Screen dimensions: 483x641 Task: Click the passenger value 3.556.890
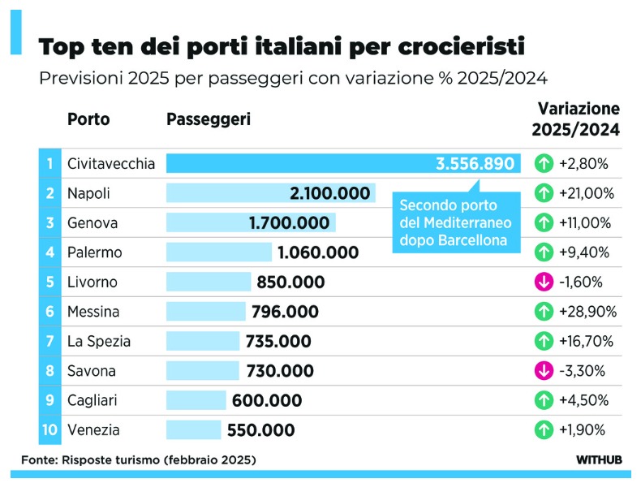(475, 164)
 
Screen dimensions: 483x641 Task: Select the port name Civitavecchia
(111, 164)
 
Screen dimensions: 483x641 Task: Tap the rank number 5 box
(50, 282)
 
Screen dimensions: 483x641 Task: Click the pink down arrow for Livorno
(544, 282)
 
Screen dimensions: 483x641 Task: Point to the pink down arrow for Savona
(544, 371)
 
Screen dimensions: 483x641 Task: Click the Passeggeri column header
(209, 119)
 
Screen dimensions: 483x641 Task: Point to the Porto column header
(88, 119)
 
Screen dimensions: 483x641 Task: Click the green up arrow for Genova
(544, 223)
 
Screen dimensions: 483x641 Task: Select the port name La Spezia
(99, 342)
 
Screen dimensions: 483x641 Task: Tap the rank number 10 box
(50, 430)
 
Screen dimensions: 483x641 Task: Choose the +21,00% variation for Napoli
(587, 193)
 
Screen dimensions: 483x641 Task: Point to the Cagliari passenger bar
(196, 401)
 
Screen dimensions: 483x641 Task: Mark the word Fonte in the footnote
(37, 460)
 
